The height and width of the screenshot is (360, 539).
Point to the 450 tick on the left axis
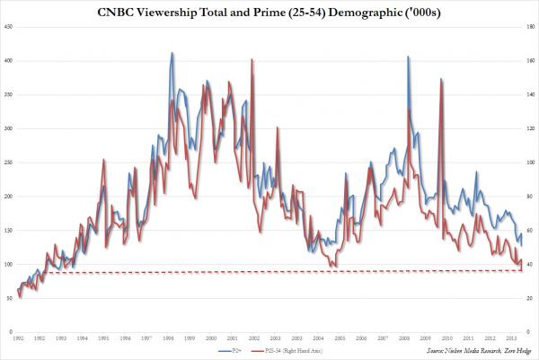tap(8, 27)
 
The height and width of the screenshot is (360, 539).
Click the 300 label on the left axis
tap(8, 128)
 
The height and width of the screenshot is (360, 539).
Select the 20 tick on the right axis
tap(528, 298)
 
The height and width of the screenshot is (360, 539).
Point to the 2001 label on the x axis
tap(232, 338)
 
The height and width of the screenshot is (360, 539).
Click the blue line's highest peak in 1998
tap(172, 53)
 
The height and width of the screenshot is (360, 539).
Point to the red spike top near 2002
tap(252, 59)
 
